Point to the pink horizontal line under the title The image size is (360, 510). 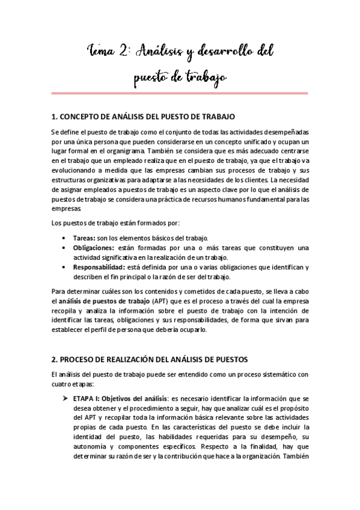pos(180,93)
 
